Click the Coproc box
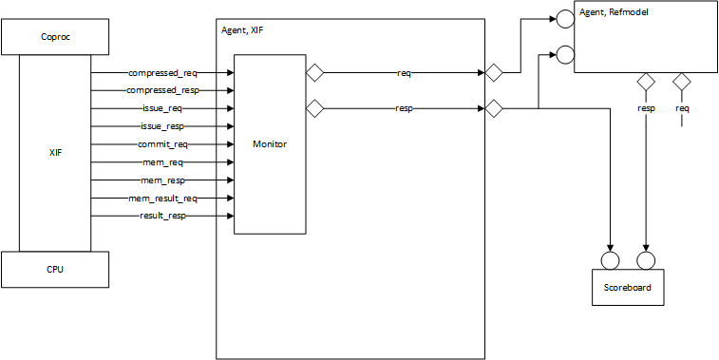(x=55, y=39)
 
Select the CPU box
(x=55, y=269)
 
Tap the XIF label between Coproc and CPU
(x=55, y=152)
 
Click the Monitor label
(x=270, y=144)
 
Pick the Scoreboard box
(x=628, y=287)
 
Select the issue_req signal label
(x=161, y=108)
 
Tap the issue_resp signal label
(x=161, y=126)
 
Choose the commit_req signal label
(x=162, y=144)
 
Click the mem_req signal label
(x=162, y=162)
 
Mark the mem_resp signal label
(x=162, y=180)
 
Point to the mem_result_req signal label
(x=162, y=199)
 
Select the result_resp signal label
(x=162, y=217)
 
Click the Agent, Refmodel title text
(x=613, y=12)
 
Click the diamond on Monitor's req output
(x=314, y=72)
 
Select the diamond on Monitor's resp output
(x=314, y=109)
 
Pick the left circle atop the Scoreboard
(x=610, y=260)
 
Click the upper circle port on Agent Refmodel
(x=564, y=17)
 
